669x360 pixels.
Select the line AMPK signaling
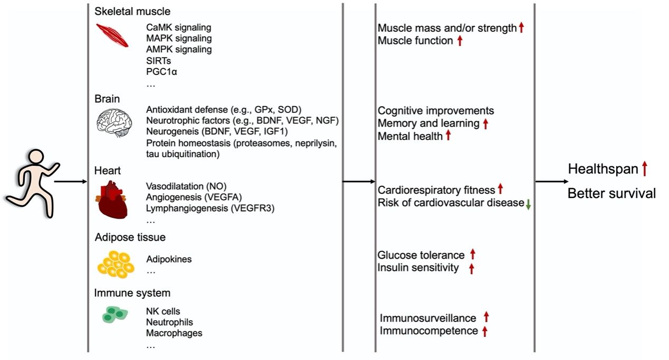pos(179,49)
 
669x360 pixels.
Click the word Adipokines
pos(169,259)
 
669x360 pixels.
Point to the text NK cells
pos(163,311)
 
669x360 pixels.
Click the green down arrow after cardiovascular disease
pos(528,204)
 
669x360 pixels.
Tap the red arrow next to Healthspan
pos(644,169)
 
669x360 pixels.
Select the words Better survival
pos(611,193)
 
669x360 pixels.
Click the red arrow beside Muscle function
pos(460,41)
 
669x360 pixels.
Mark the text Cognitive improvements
pos(436,110)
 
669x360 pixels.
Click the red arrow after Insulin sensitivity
pos(471,269)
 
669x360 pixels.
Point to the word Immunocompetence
pos(428,331)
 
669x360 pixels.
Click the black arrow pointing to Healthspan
pos(551,182)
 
